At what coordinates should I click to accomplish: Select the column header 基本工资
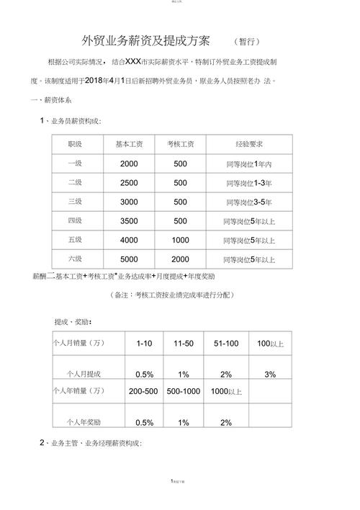coord(130,145)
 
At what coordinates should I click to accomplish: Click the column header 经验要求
coord(248,145)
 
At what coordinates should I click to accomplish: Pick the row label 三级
coord(75,202)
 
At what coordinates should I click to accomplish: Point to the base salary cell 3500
coord(130,221)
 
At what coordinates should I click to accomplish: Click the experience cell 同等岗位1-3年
coord(248,183)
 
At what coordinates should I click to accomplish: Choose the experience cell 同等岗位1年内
coord(248,164)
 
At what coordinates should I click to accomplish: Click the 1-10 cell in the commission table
coord(144,344)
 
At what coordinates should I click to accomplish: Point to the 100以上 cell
coord(270,344)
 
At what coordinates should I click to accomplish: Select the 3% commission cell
coord(270,375)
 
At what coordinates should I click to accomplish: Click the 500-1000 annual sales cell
coord(184,392)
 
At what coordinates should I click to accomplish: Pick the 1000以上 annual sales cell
coord(226,392)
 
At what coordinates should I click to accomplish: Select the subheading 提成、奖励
coord(73,321)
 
